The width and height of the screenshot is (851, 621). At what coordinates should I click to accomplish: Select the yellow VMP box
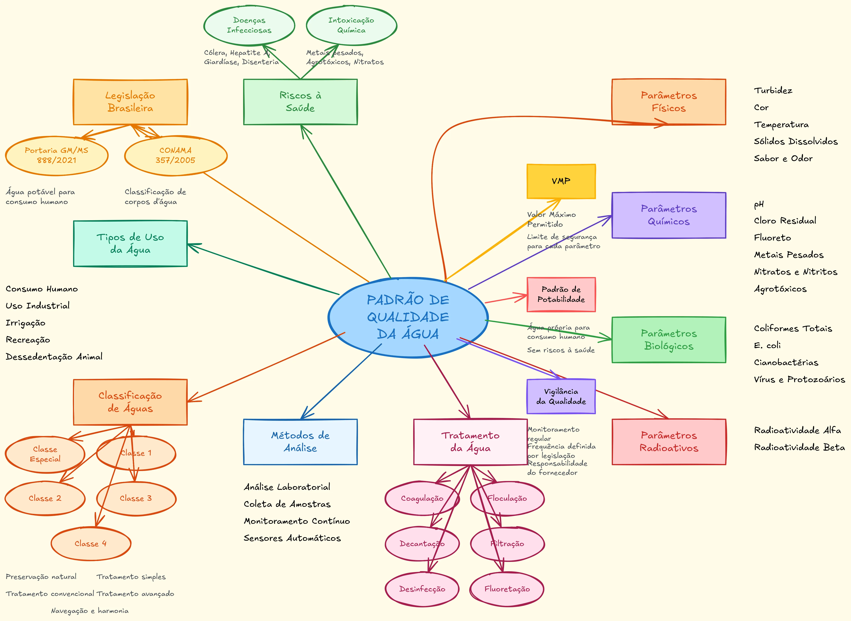561,181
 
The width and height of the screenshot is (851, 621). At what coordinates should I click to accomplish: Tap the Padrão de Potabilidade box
561,294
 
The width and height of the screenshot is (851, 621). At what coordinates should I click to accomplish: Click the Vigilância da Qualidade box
561,396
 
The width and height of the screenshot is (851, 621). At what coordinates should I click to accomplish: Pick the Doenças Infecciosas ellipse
249,25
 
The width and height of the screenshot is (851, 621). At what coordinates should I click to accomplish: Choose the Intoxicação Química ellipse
351,25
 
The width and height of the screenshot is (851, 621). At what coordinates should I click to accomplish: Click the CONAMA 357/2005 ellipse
176,155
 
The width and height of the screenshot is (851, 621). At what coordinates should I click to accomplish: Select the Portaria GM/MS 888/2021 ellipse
56,155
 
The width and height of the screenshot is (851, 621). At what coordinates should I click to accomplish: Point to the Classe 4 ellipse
91,544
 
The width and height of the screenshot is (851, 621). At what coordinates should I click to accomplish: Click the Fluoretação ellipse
507,589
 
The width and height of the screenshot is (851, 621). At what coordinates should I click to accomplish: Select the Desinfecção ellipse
422,589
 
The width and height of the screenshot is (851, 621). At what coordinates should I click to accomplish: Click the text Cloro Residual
785,221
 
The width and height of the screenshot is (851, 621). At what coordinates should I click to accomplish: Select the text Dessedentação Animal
54,357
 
